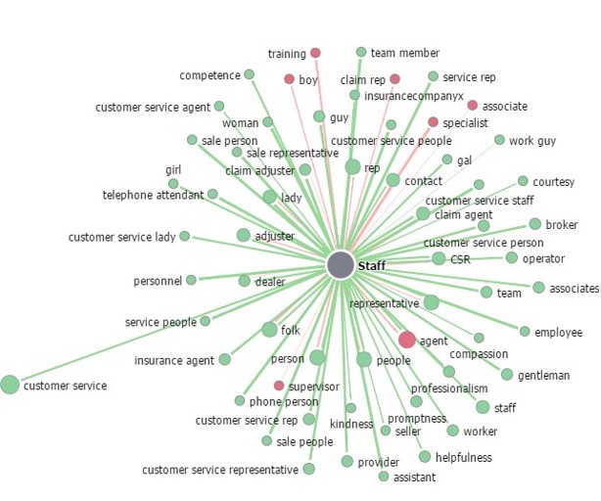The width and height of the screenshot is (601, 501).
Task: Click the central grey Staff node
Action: (340, 265)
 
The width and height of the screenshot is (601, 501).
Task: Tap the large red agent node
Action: (407, 340)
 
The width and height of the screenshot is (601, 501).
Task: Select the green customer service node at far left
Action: (10, 385)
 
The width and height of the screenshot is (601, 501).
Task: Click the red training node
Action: (315, 53)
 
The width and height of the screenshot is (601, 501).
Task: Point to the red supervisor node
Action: (279, 386)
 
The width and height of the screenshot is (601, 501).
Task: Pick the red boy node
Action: (289, 79)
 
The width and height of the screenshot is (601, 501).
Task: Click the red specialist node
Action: (433, 122)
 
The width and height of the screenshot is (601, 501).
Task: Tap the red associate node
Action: (472, 105)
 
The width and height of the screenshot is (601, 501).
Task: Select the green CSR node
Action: (439, 258)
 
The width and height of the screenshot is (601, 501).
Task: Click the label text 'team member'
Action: (405, 53)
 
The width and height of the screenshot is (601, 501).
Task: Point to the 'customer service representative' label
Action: (220, 470)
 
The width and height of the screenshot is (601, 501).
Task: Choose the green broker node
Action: (534, 224)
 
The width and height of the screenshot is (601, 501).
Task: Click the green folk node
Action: (269, 330)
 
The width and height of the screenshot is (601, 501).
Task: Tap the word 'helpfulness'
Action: (465, 457)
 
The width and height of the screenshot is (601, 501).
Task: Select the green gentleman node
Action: (507, 375)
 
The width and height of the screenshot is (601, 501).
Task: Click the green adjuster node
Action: (243, 235)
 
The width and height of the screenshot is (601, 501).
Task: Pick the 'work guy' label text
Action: (532, 141)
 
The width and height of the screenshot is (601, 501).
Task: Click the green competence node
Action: (249, 74)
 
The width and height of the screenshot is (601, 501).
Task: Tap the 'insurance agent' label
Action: (174, 361)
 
